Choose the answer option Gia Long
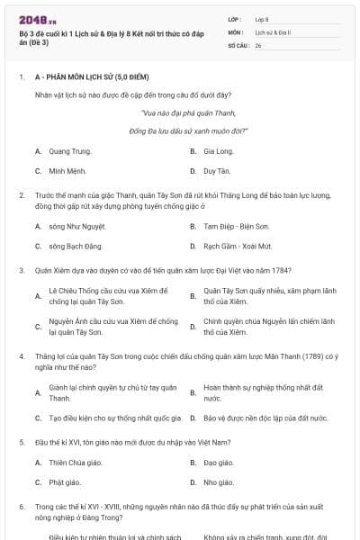click(x=219, y=151)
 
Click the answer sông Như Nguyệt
click(x=80, y=227)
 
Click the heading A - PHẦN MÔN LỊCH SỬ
click(x=85, y=78)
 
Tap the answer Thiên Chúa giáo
click(x=76, y=463)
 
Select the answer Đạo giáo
click(x=219, y=463)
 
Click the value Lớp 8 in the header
click(x=262, y=19)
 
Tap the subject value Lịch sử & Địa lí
click(x=270, y=31)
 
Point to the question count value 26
click(x=258, y=45)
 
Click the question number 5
click(x=21, y=443)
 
